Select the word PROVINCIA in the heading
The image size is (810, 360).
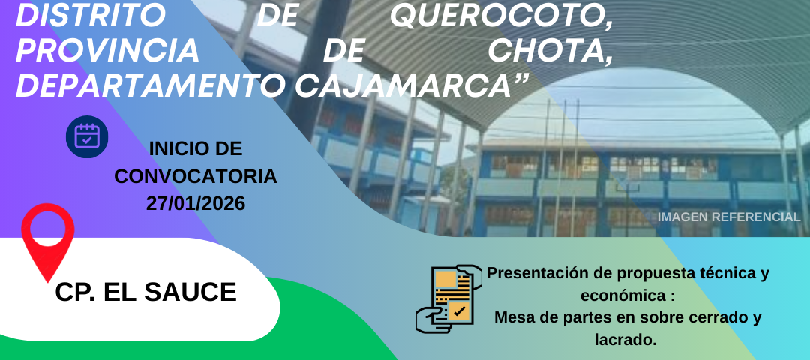pyautogui.click(x=107, y=50)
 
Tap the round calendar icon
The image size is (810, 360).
pyautogui.click(x=87, y=136)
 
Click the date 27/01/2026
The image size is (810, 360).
pyautogui.click(x=195, y=203)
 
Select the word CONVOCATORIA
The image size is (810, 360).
pyautogui.click(x=195, y=177)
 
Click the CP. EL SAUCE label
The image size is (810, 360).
pyautogui.click(x=145, y=292)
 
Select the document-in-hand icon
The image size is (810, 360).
pyautogui.click(x=448, y=298)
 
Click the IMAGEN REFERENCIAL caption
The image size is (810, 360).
pyautogui.click(x=729, y=217)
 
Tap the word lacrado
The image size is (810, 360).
pyautogui.click(x=625, y=340)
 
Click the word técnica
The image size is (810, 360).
pyautogui.click(x=720, y=273)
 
